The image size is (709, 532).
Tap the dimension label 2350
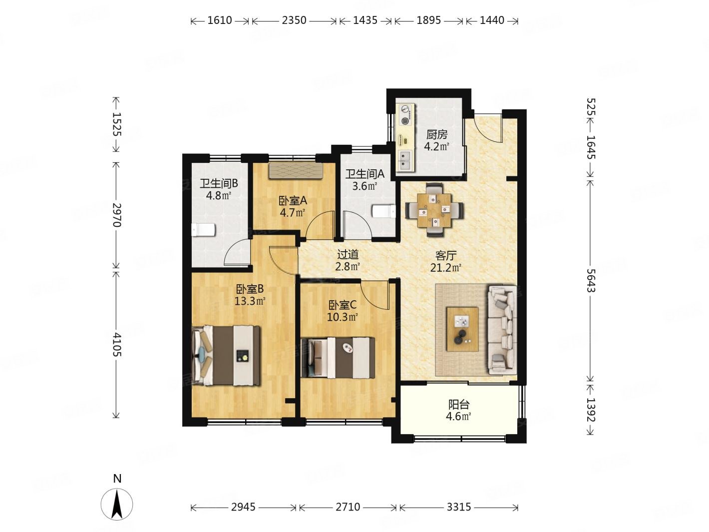[x=294, y=20]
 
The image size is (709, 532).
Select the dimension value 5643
[x=591, y=280]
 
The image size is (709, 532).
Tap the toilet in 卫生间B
[x=203, y=230]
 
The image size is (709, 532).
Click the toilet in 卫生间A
[x=384, y=212]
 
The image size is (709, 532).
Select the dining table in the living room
[x=434, y=210]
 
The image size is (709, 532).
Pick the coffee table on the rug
[x=462, y=329]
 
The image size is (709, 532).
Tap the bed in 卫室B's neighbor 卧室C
[x=338, y=358]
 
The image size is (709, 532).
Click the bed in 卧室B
[x=226, y=356]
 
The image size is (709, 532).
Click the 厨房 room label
[x=437, y=134]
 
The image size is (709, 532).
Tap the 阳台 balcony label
[x=459, y=405]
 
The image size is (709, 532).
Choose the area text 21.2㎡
[x=445, y=268]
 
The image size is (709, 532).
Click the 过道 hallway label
[x=348, y=255]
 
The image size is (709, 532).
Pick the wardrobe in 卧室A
[x=296, y=170]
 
